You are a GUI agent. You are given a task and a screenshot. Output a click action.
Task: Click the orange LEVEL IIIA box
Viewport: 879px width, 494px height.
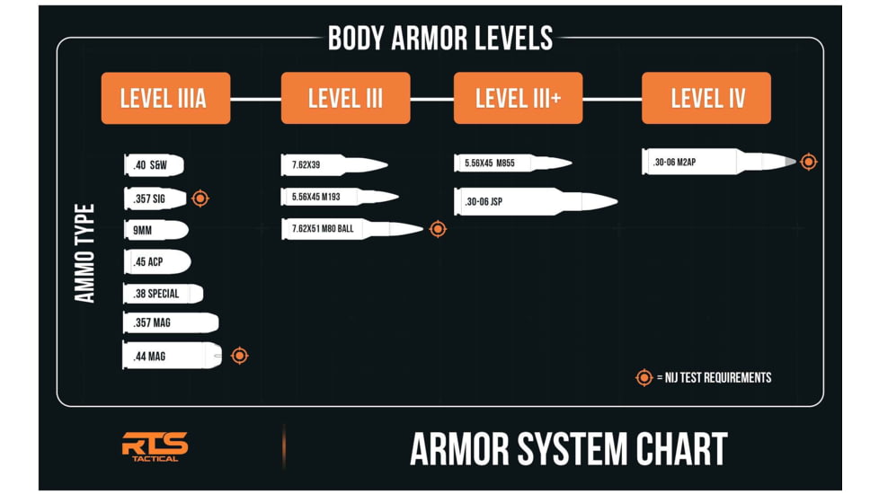point(165,98)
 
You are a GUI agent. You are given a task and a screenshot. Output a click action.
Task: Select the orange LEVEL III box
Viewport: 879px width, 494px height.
point(345,98)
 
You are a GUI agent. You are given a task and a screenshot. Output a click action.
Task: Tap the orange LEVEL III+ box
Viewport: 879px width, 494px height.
point(518,98)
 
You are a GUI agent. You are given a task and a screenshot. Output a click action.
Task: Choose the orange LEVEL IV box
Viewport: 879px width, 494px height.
point(706,98)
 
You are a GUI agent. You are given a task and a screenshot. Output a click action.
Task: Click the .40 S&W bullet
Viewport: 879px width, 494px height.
point(154,165)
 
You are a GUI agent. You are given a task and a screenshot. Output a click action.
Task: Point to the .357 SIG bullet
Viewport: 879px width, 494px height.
point(155,198)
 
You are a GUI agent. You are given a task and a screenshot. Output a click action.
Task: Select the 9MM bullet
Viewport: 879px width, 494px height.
point(156,231)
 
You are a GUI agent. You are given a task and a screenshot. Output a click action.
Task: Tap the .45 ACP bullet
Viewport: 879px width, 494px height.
point(157,262)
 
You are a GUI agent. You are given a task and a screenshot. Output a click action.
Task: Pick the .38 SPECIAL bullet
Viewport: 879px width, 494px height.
point(164,294)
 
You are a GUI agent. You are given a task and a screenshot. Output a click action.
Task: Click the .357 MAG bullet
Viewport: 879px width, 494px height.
point(171,323)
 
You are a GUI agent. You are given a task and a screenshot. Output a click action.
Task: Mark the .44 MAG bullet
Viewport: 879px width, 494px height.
point(173,356)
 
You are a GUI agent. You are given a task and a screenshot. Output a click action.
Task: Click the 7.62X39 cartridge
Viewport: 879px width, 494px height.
point(334,164)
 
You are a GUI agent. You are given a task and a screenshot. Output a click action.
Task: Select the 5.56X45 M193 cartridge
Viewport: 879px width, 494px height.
point(340,197)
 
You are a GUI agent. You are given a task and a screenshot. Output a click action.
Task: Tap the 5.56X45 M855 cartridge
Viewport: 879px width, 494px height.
point(512,163)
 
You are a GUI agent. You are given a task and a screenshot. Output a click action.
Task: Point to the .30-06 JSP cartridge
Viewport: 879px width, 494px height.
point(536,201)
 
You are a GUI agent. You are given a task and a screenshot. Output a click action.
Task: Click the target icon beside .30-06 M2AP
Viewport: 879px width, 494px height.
point(808,162)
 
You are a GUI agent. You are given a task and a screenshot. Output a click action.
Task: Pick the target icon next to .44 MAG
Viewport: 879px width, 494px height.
point(239,356)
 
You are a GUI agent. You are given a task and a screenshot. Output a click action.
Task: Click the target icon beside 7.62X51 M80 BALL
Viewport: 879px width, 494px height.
point(438,229)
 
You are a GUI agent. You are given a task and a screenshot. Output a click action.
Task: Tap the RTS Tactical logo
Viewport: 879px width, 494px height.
point(155,446)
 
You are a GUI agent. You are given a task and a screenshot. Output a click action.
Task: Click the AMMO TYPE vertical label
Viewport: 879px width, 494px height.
point(85,253)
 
